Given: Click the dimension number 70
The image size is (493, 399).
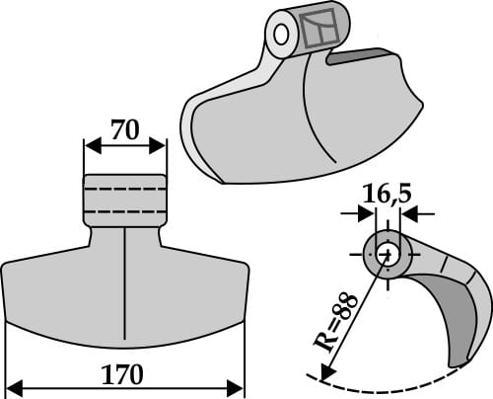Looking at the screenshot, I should [x=124, y=128].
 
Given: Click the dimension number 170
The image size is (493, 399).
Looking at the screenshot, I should [x=124, y=375].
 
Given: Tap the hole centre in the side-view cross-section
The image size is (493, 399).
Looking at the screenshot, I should [x=387, y=254].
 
